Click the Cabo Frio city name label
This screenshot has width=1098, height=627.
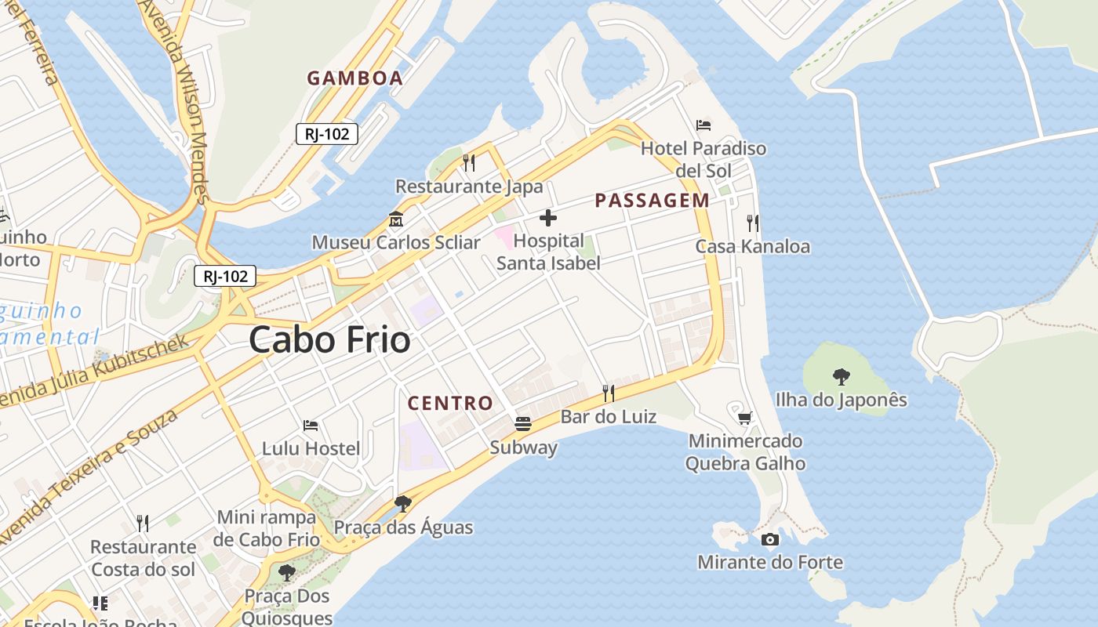[x=329, y=340]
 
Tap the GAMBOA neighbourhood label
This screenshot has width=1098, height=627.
[x=354, y=78]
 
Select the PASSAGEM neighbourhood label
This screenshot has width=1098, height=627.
[x=652, y=201]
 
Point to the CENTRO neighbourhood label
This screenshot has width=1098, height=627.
[x=450, y=404]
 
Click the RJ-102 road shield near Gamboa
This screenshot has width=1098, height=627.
[x=327, y=134]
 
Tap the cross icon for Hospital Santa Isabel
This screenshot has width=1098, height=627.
[x=548, y=218]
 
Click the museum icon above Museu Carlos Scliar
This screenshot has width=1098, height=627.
[x=396, y=219]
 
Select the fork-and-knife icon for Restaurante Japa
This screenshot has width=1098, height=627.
[x=469, y=162]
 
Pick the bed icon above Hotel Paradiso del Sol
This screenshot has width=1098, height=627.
[x=704, y=125]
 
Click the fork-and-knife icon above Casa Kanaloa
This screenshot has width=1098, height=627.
[x=753, y=223]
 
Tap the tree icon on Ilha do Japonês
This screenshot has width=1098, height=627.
[x=841, y=377]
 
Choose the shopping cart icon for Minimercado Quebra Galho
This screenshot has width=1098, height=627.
[x=744, y=418]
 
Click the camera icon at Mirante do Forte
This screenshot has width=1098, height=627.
[x=770, y=539]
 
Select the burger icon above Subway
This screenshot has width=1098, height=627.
[x=523, y=424]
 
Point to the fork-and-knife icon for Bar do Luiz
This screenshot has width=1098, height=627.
[x=608, y=392]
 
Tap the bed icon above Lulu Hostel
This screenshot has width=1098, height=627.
[x=311, y=426]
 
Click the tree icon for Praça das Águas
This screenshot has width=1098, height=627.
[x=403, y=503]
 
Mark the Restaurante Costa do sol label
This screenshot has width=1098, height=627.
[x=143, y=558]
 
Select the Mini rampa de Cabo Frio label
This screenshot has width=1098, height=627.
[x=267, y=528]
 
